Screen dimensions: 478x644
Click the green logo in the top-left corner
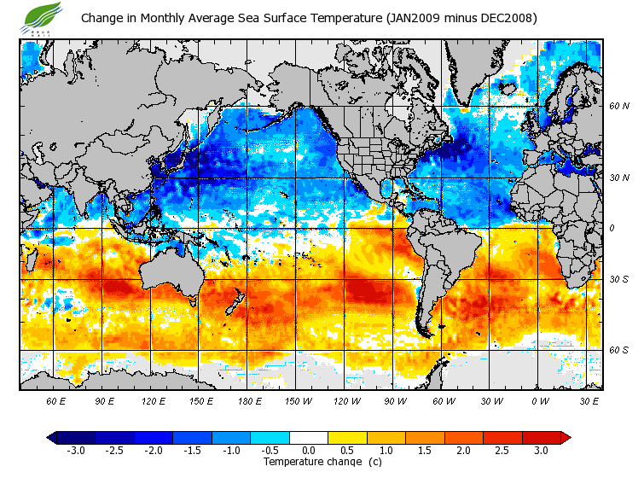(43, 16)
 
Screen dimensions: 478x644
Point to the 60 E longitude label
(56, 400)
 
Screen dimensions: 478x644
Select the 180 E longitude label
(249, 400)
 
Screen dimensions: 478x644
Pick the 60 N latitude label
(618, 106)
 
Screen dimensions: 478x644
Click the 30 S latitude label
(618, 279)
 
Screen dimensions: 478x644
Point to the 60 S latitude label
(618, 350)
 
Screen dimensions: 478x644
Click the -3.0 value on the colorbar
(75, 450)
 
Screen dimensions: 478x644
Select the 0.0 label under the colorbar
(309, 450)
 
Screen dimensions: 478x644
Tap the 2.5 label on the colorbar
(502, 450)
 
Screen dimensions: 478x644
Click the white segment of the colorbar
(309, 438)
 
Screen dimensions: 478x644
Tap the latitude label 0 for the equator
(611, 228)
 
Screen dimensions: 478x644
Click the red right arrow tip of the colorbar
(566, 438)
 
